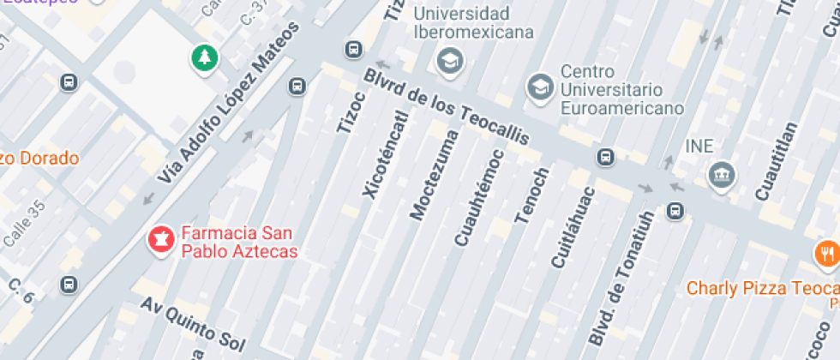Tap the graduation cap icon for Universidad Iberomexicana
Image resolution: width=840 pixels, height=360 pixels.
(448, 60)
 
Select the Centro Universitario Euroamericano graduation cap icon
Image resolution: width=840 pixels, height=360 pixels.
(539, 87)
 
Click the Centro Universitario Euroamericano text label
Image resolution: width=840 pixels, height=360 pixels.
(621, 89)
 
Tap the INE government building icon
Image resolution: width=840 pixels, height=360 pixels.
(721, 176)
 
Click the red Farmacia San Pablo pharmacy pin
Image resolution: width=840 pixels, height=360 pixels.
(159, 239)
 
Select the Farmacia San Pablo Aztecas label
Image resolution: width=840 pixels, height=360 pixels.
(238, 242)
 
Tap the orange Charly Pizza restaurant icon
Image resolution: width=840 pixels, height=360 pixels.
(825, 254)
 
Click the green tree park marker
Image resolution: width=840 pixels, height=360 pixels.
(204, 58)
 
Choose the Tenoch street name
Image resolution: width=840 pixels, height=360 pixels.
(531, 196)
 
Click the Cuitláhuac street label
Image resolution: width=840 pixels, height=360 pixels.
(573, 226)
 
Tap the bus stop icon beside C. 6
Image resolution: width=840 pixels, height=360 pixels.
(69, 284)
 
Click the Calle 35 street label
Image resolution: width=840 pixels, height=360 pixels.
(23, 224)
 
